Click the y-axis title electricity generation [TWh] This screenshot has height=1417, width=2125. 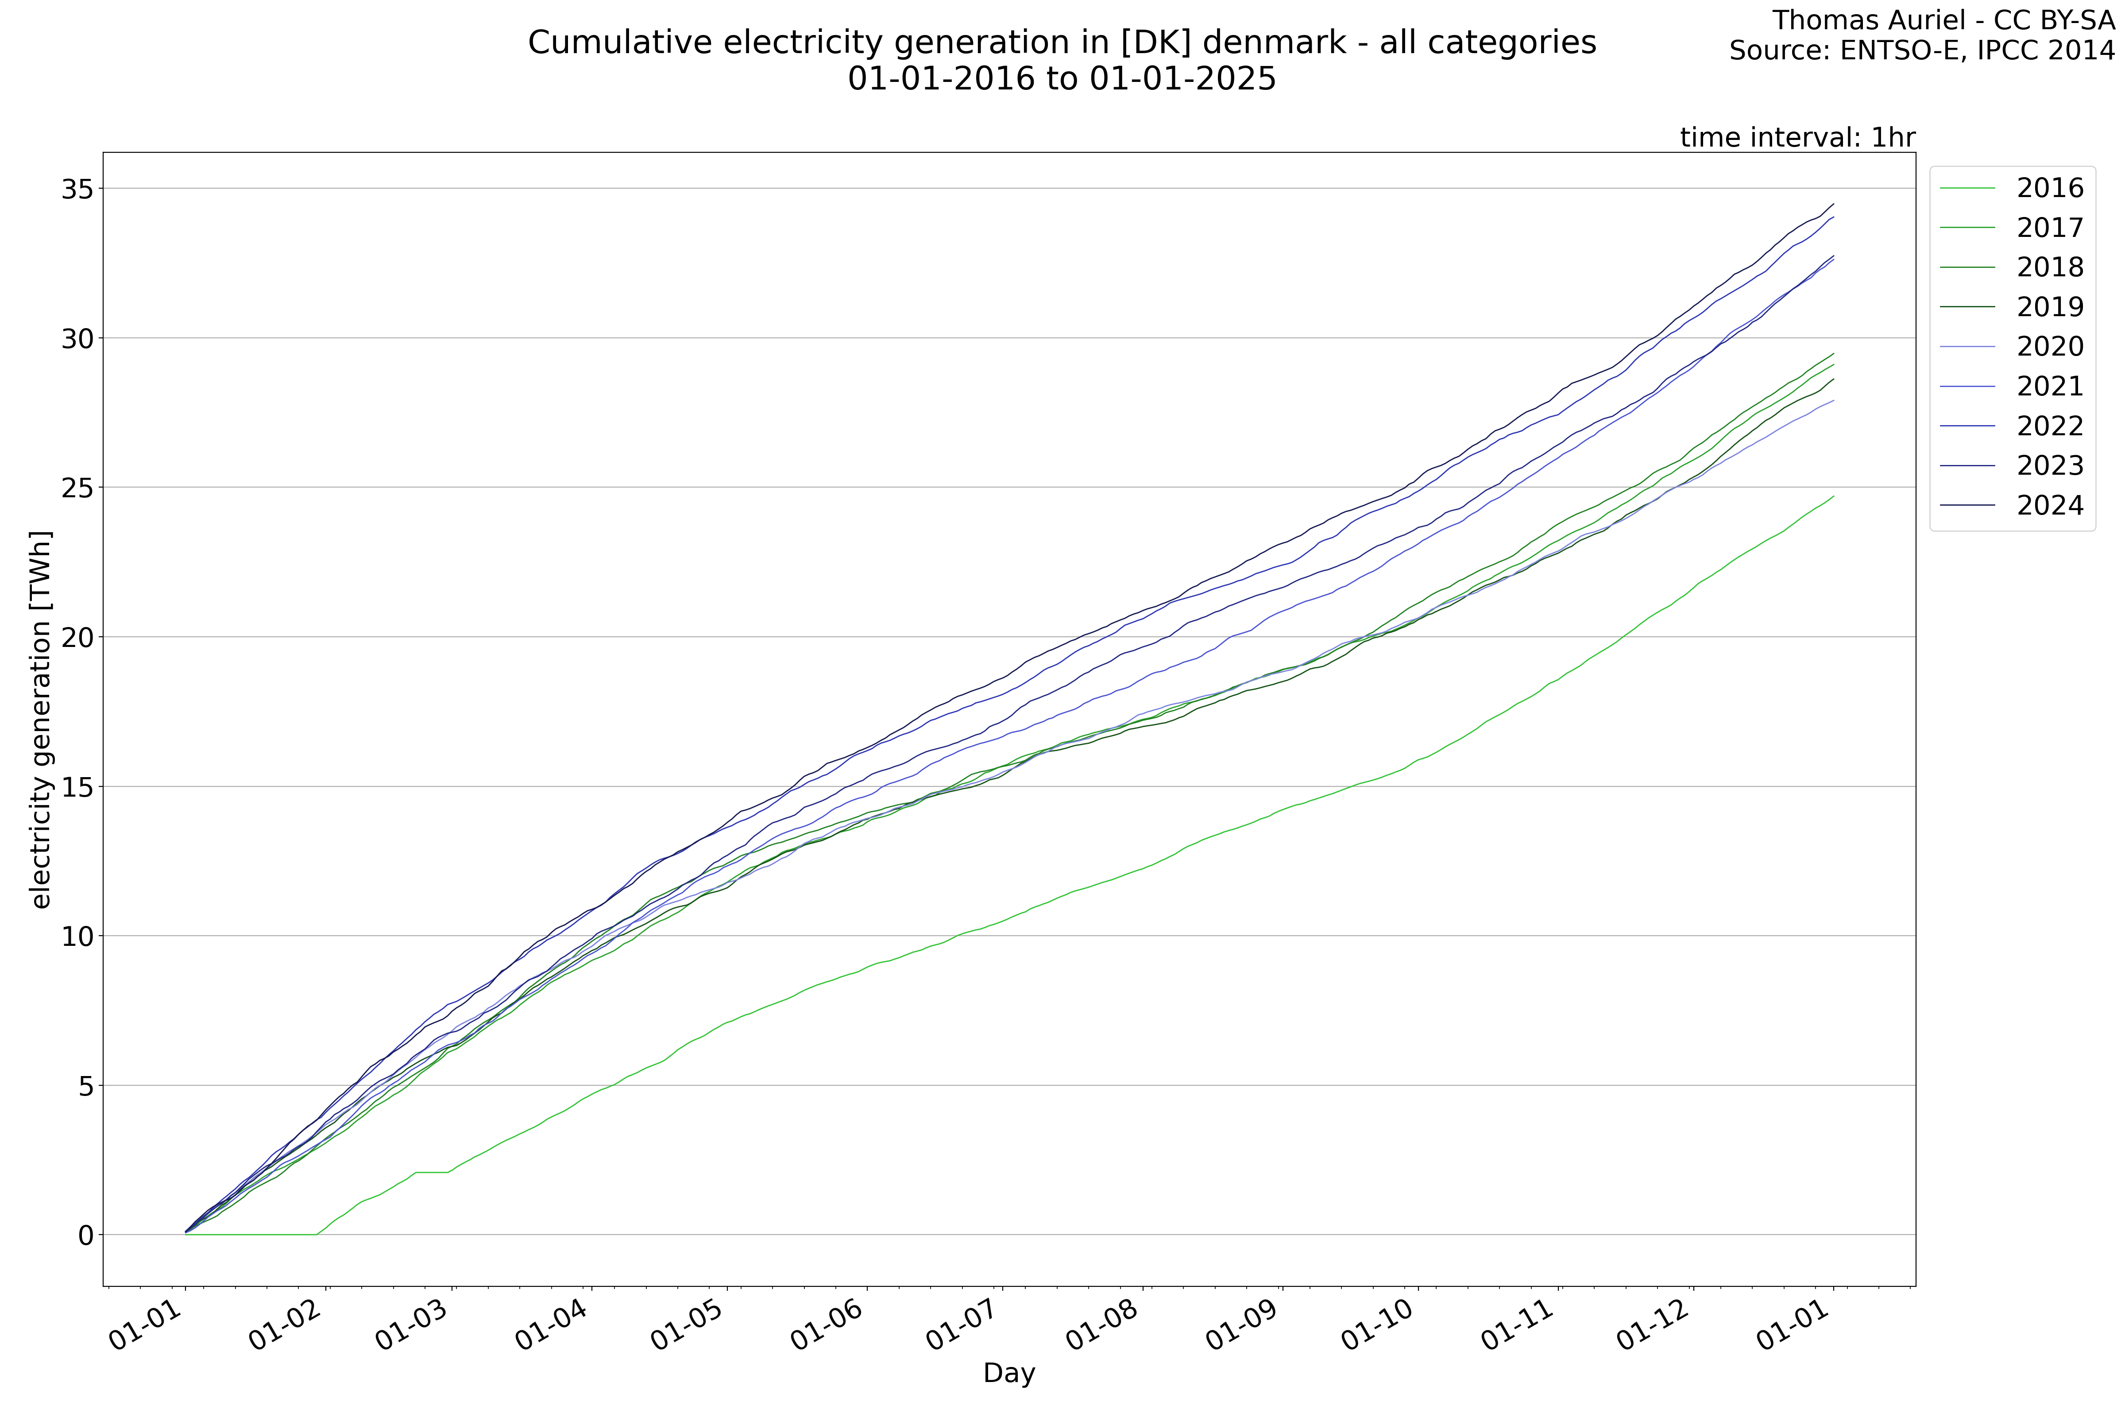pos(41,719)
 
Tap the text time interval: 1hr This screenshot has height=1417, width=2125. pos(1797,137)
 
